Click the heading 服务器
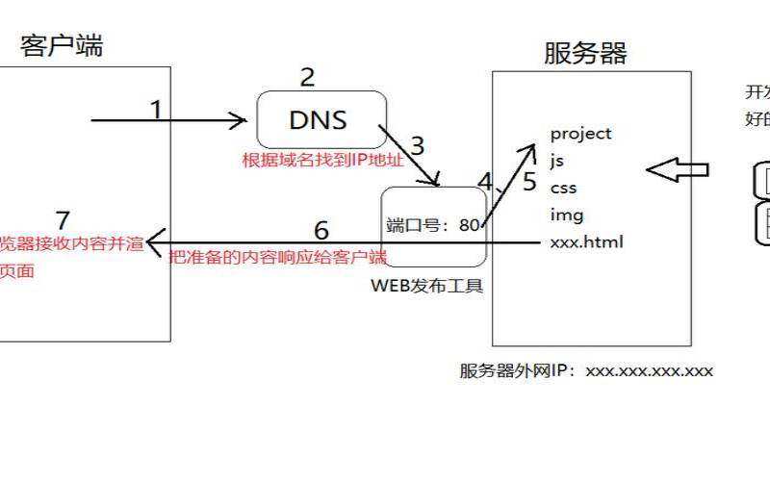click(x=585, y=53)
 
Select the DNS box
click(x=321, y=119)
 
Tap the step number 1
click(x=156, y=110)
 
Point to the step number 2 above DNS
click(x=307, y=77)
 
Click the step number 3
click(x=417, y=146)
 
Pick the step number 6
click(x=321, y=230)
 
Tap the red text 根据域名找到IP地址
click(x=322, y=159)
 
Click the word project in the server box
click(x=580, y=134)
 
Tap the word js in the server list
click(x=557, y=160)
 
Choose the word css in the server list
click(x=563, y=187)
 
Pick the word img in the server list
click(x=566, y=215)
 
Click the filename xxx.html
click(x=586, y=241)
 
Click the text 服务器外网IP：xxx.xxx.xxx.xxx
click(x=585, y=370)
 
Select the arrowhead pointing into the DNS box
click(x=239, y=120)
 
